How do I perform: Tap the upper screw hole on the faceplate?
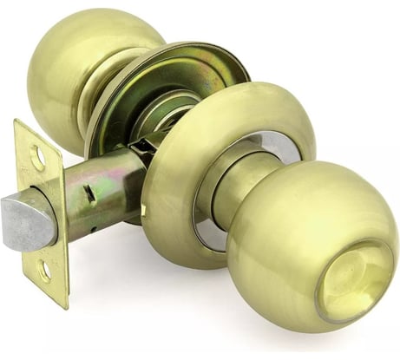click(37, 158)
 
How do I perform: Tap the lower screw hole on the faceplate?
click(44, 272)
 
